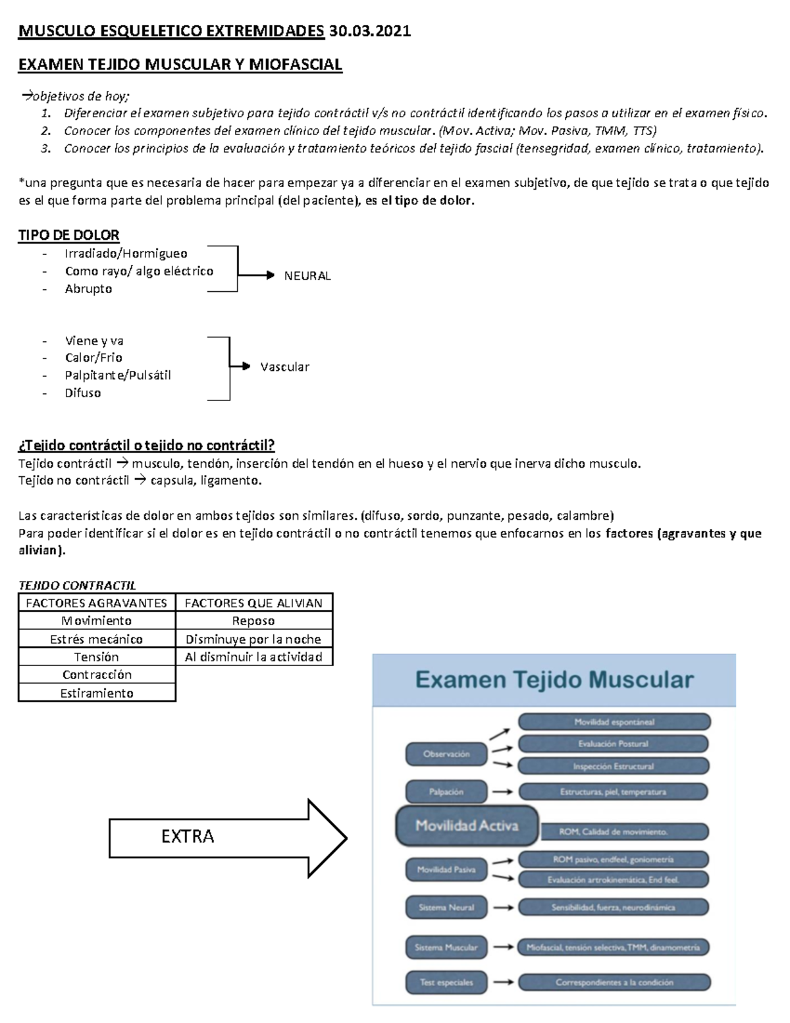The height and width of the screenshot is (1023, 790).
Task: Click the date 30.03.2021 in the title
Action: tap(370, 31)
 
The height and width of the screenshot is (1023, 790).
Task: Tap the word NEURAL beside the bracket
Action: tap(307, 276)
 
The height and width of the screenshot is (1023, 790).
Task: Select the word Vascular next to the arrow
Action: tap(284, 367)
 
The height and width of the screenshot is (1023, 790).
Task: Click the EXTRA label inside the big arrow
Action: tap(188, 837)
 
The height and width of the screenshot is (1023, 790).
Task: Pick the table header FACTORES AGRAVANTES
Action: tap(97, 603)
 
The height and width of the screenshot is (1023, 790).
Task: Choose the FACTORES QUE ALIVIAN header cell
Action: tap(253, 603)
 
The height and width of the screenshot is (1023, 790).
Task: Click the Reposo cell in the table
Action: tap(253, 621)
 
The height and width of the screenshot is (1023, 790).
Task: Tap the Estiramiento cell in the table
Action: tap(97, 693)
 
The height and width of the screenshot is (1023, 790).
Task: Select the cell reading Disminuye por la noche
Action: tap(253, 639)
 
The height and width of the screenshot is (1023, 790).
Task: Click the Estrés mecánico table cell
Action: tap(97, 639)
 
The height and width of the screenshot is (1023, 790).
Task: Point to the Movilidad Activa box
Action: tap(467, 825)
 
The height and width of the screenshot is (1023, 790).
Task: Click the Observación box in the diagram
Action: tap(446, 754)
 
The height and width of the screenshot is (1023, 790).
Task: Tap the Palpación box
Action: tap(446, 792)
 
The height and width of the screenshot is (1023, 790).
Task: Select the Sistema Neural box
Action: tap(446, 907)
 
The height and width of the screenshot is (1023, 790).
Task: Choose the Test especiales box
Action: tap(446, 982)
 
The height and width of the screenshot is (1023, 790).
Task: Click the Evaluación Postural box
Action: tap(614, 744)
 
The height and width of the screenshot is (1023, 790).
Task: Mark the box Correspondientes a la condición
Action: tap(614, 982)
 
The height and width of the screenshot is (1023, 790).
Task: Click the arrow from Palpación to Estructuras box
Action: tap(503, 792)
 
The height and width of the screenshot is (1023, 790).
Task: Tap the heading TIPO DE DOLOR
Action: tap(69, 235)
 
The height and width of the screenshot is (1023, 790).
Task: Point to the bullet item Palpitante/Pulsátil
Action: tap(118, 375)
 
